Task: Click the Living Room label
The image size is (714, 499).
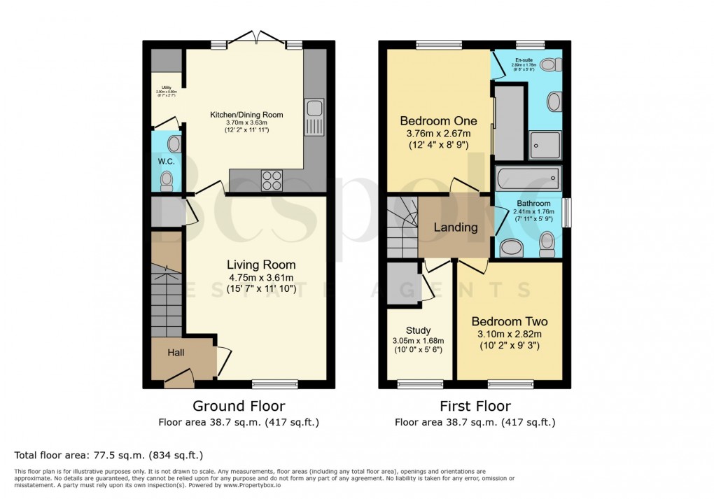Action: pyautogui.click(x=260, y=265)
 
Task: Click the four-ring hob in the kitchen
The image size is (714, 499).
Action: pyautogui.click(x=272, y=180)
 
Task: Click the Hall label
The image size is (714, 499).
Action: pyautogui.click(x=175, y=353)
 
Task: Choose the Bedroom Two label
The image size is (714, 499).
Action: pyautogui.click(x=509, y=322)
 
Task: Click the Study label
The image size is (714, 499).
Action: pyautogui.click(x=419, y=330)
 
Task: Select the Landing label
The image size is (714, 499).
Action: pyautogui.click(x=455, y=227)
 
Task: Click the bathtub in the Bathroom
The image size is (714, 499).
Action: pyautogui.click(x=528, y=178)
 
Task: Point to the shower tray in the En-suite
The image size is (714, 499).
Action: pyautogui.click(x=545, y=146)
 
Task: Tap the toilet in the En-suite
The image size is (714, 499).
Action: pyautogui.click(x=549, y=65)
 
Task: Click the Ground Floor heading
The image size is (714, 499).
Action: pyautogui.click(x=239, y=406)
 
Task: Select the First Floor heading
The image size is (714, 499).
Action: pyautogui.click(x=475, y=406)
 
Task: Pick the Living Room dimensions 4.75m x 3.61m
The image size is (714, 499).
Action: pyautogui.click(x=260, y=277)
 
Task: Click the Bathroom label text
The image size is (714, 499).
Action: pyautogui.click(x=533, y=204)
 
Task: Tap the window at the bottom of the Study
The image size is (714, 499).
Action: pyautogui.click(x=419, y=384)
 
